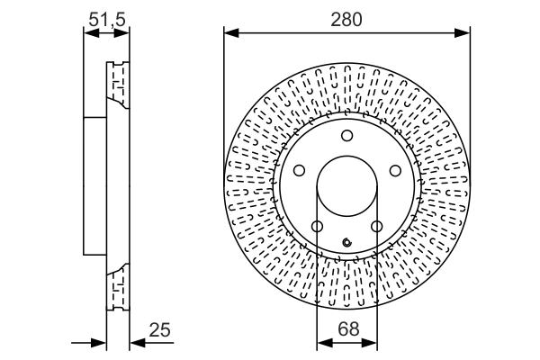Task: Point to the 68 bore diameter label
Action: click(x=346, y=329)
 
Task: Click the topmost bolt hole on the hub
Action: click(x=346, y=136)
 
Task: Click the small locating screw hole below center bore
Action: click(x=346, y=240)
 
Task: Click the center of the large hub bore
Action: click(x=346, y=188)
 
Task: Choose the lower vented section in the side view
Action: click(x=116, y=292)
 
